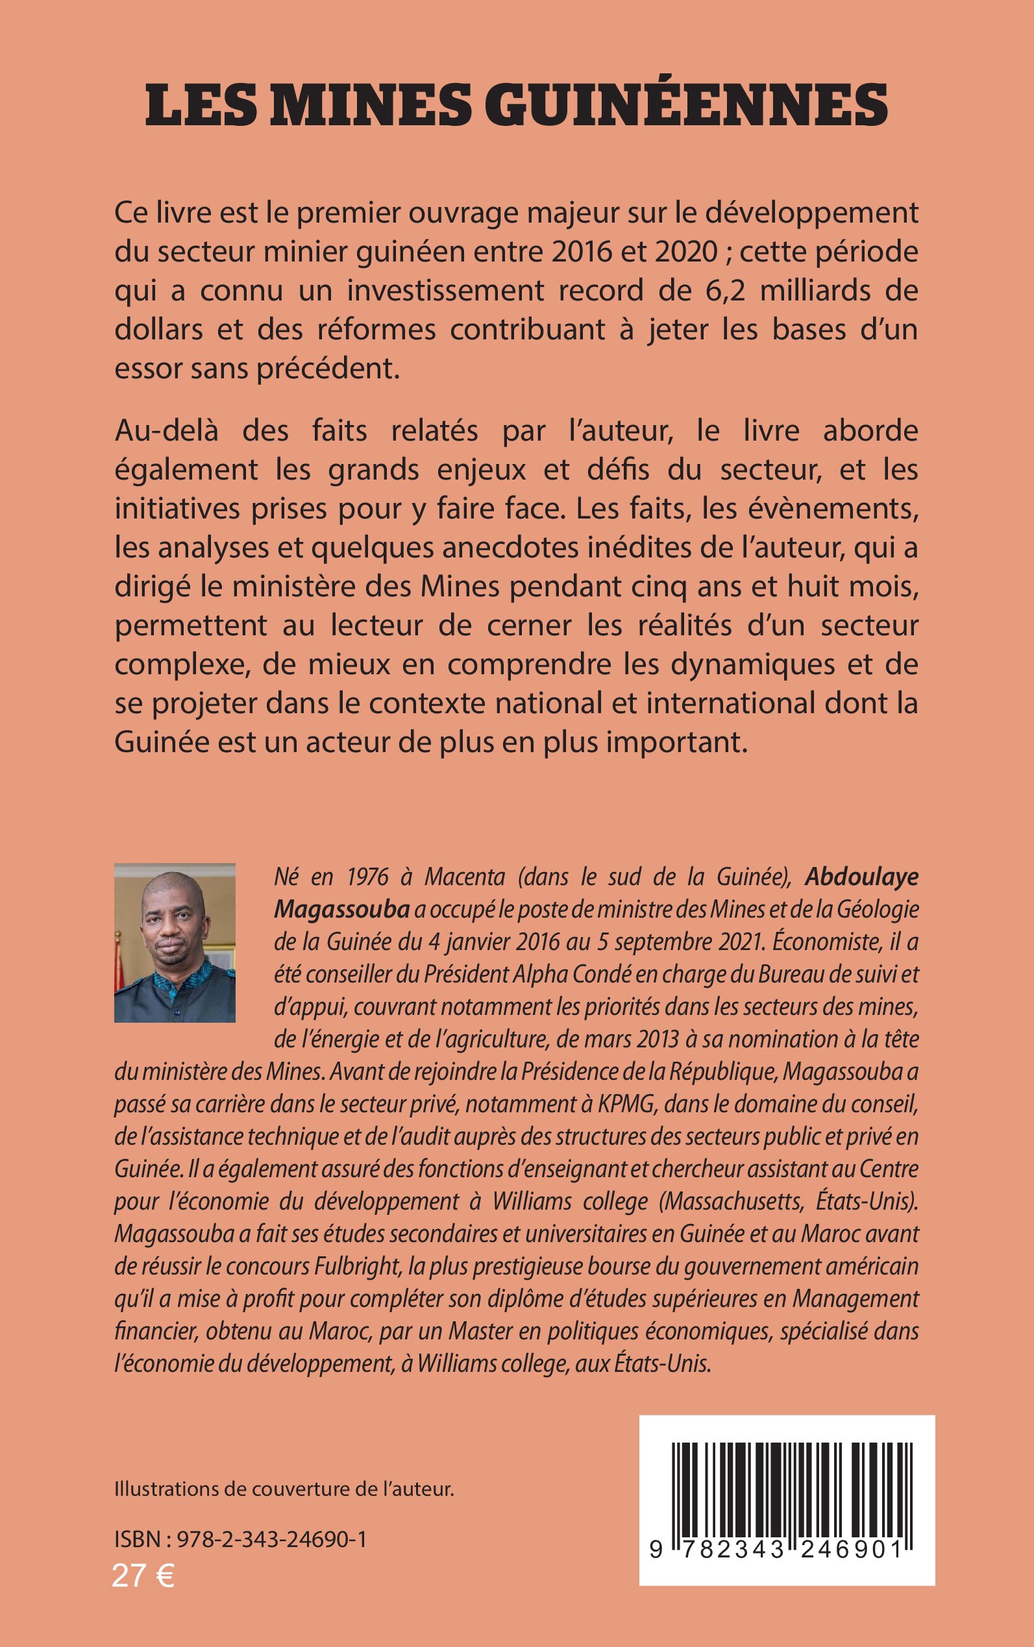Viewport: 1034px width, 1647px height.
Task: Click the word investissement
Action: (x=495, y=291)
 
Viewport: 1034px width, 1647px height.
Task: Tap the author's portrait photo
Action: (x=175, y=943)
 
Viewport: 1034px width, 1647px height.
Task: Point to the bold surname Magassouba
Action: (x=341, y=909)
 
